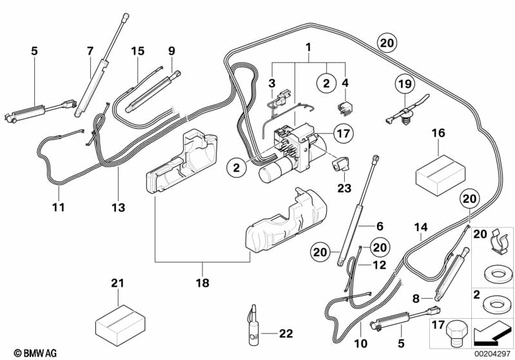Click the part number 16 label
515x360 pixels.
click(438, 133)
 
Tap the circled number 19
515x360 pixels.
click(403, 83)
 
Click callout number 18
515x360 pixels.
click(203, 281)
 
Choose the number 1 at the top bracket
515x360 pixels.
click(308, 47)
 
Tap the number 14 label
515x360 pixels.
click(420, 227)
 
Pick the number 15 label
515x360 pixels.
click(137, 50)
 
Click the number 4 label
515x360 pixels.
click(345, 82)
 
